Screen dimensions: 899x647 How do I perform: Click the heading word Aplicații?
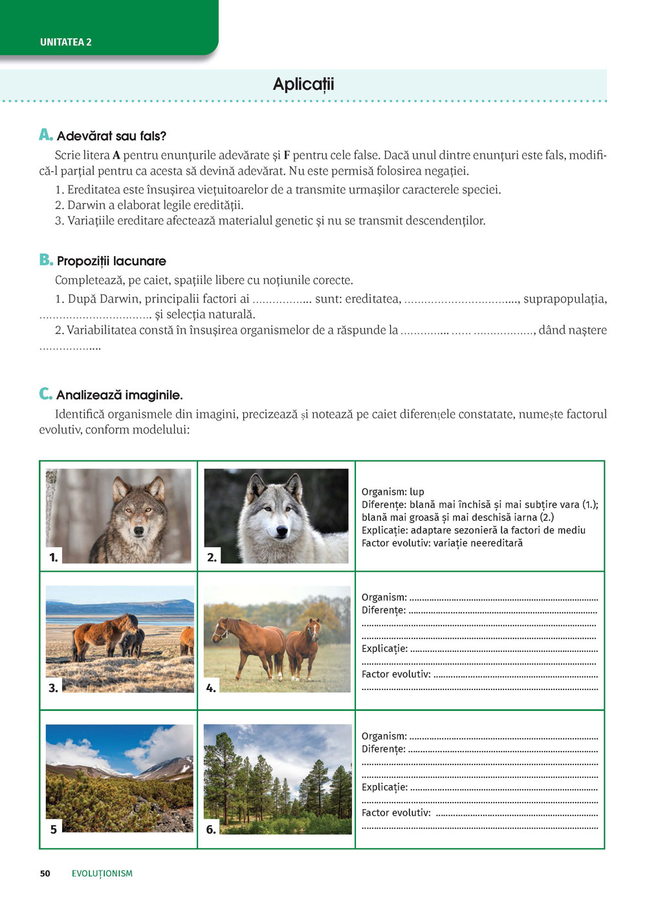(x=303, y=84)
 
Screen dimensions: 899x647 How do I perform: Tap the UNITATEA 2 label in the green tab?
(x=66, y=42)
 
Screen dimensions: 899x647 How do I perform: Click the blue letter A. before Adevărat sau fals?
(x=45, y=135)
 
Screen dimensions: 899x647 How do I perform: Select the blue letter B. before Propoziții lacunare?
(x=46, y=260)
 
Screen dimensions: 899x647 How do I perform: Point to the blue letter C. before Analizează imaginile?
(x=45, y=394)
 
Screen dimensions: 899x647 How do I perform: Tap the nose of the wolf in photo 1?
(x=139, y=532)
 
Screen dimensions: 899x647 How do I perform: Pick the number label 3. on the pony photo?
(x=54, y=688)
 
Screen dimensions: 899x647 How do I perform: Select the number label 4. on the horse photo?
(x=211, y=688)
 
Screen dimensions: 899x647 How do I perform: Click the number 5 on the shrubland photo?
(x=54, y=829)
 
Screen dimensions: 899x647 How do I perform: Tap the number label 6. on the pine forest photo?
(x=211, y=829)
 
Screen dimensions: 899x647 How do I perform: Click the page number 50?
(x=45, y=873)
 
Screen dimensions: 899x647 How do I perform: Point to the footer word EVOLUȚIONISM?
(x=102, y=873)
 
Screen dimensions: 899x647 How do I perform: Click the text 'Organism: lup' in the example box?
(x=393, y=492)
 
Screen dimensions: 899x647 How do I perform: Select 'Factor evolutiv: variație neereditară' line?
(x=442, y=543)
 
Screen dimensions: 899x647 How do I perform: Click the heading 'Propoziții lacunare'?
(x=111, y=261)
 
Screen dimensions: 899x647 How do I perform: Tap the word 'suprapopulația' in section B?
(x=565, y=299)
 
